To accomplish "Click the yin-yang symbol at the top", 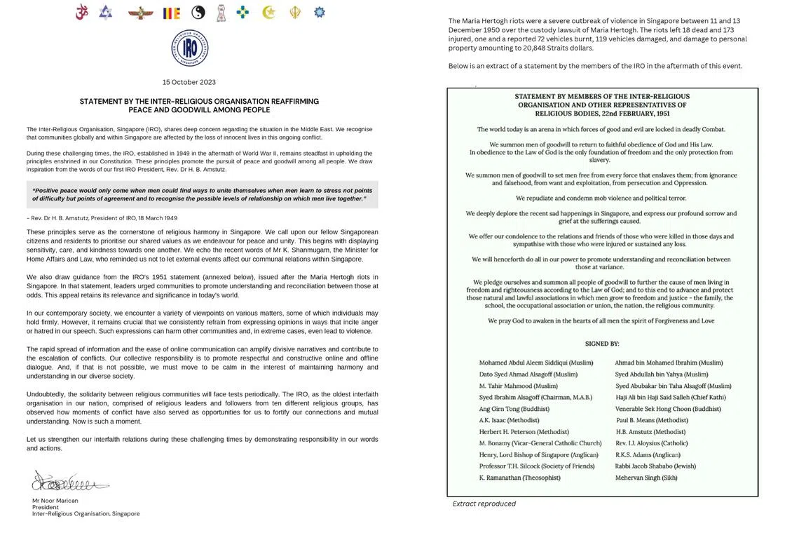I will (198, 12).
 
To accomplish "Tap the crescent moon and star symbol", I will (268, 12).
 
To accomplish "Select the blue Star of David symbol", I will (105, 12).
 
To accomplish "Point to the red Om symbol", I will (81, 12).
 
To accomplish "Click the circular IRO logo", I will (189, 48).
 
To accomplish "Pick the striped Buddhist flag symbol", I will (171, 13).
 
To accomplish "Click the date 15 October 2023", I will (189, 82).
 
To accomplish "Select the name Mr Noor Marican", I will (55, 501).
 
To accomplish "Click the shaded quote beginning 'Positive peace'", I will (203, 194).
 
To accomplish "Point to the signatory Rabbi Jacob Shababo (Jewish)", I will (656, 466).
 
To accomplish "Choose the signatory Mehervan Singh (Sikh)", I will (646, 478).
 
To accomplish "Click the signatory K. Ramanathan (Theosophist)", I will (519, 478).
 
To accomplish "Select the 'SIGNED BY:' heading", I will (602, 344).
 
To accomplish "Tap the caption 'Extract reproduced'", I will (484, 504).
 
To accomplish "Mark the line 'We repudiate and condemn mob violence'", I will (601, 198).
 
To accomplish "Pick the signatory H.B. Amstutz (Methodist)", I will (650, 432).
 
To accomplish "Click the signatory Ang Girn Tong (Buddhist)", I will (514, 409).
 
